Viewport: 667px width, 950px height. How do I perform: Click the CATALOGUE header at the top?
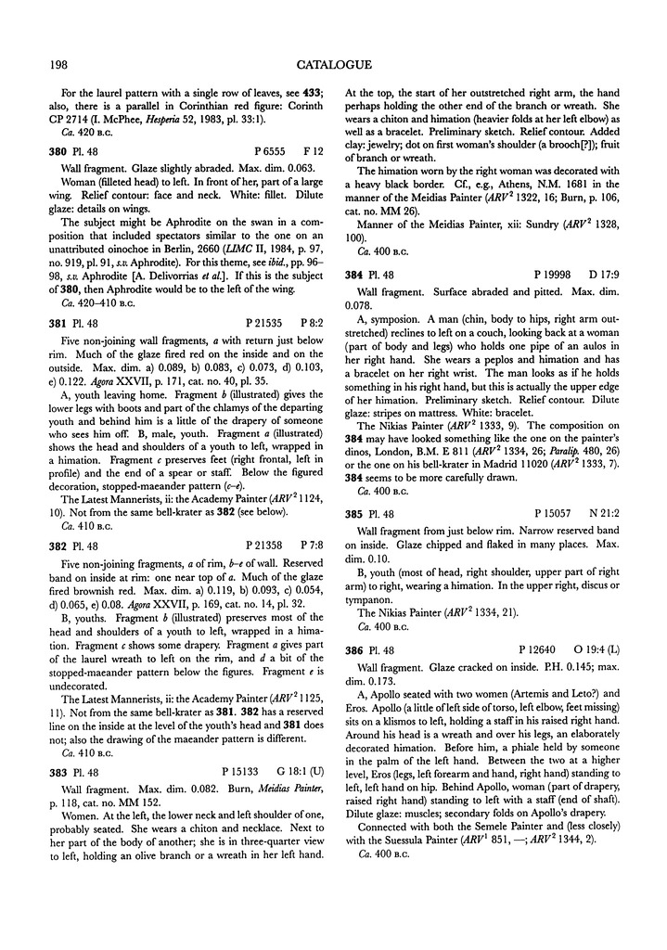[334, 65]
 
